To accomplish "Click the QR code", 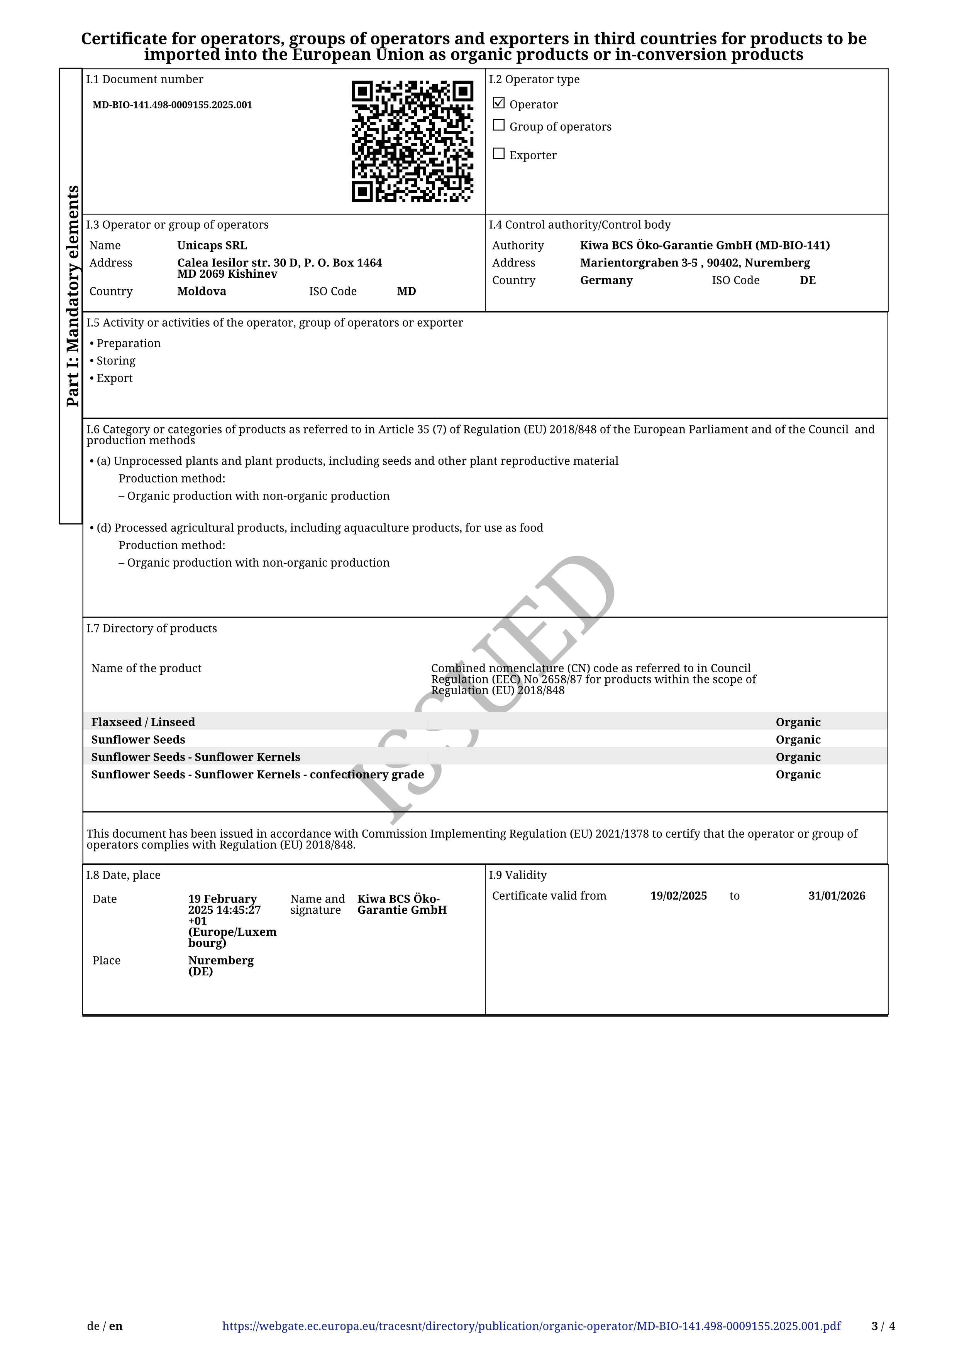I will [412, 142].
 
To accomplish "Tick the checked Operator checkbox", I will [499, 103].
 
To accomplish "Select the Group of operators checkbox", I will [499, 125].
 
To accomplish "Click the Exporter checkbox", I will [499, 154].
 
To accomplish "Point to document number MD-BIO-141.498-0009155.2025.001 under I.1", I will [172, 105].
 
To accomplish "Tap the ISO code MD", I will [406, 291].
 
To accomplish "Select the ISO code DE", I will [807, 280].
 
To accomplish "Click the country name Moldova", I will [202, 291].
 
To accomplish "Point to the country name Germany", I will [606, 280].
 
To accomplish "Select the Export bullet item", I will [114, 378].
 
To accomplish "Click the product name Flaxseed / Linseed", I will [143, 722].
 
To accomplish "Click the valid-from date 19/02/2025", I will [678, 896].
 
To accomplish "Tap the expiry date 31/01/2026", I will [836, 896].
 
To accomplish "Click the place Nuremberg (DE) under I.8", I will [220, 966].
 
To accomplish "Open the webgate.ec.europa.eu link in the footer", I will [531, 1326].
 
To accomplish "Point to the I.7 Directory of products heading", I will [152, 628].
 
